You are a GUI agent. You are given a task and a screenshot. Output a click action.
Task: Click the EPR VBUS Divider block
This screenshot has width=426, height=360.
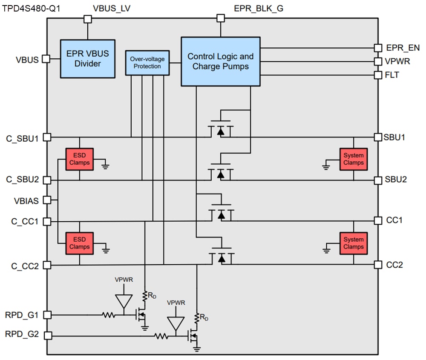(87, 59)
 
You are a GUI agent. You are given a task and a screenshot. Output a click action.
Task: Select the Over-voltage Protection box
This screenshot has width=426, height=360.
(147, 63)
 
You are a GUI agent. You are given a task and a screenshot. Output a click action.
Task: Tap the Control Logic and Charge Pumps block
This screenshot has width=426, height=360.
(220, 61)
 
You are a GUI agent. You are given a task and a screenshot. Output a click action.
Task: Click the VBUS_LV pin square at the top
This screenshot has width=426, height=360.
(88, 18)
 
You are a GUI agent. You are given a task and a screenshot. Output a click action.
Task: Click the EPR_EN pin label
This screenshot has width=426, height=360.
(403, 48)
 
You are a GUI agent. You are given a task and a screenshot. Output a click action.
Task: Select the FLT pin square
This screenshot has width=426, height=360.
(377, 75)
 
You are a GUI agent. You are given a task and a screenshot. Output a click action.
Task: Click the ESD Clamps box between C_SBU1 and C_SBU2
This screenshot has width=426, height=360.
(79, 159)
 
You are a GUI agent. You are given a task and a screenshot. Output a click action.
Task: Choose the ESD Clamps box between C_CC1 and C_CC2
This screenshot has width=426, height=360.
(79, 243)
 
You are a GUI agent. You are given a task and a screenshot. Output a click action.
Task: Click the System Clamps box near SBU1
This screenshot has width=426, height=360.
(353, 159)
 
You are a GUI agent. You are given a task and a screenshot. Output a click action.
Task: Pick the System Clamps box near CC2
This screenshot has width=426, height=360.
(353, 243)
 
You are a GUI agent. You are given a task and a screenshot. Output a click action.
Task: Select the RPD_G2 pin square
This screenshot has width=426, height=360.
(47, 336)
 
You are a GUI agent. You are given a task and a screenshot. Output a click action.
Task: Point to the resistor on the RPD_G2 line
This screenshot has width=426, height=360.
(161, 336)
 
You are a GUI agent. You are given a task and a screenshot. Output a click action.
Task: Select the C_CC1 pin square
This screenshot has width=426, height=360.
(47, 222)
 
